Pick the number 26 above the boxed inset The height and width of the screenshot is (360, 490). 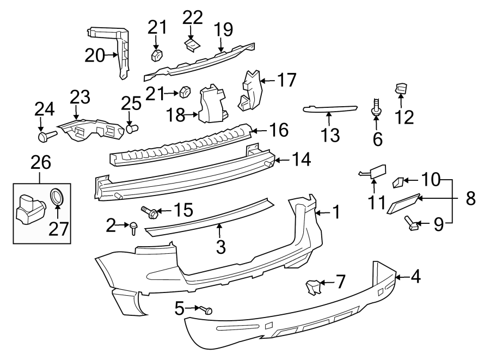click(x=41, y=162)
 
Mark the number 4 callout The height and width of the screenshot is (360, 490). click(x=415, y=277)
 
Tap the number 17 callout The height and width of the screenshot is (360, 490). click(x=286, y=80)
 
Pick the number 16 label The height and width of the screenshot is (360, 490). click(x=278, y=131)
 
